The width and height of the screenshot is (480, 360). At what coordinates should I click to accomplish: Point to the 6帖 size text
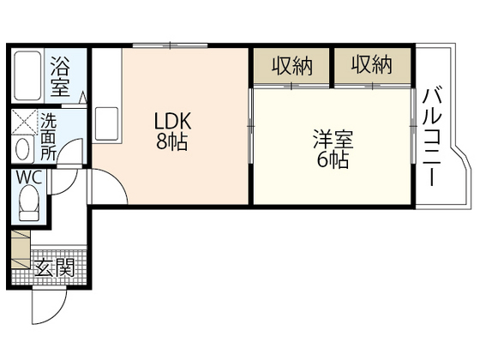coord(332,160)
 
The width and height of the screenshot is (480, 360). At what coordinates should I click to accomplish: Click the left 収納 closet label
coord(292,66)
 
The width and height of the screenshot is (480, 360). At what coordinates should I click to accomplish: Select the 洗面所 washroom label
coord(50,135)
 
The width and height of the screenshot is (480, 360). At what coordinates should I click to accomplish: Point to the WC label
coord(28,177)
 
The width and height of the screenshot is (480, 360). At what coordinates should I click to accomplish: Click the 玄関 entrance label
coord(54,267)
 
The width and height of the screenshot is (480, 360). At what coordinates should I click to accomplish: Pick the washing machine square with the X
coord(25,123)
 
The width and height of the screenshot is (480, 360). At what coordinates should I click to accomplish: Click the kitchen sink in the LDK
coord(107,125)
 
